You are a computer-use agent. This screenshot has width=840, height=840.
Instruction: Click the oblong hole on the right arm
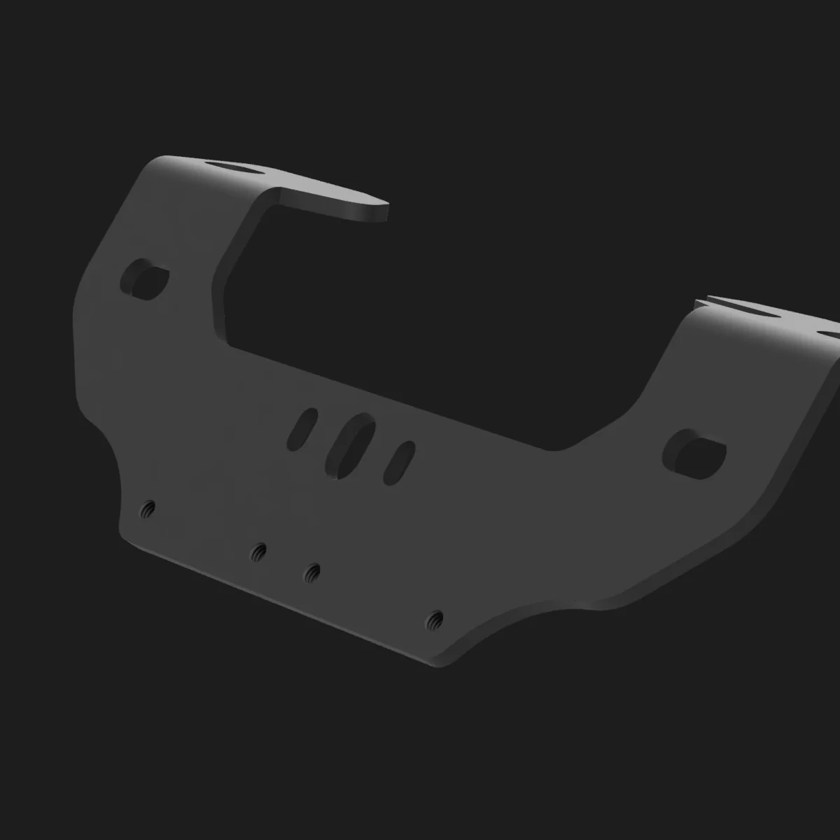pyautogui.click(x=694, y=452)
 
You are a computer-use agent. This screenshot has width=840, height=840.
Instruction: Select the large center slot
pyautogui.click(x=350, y=446)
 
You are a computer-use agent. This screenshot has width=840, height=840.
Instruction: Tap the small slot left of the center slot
pyautogui.click(x=302, y=428)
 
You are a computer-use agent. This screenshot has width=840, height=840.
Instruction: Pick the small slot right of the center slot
pyautogui.click(x=400, y=463)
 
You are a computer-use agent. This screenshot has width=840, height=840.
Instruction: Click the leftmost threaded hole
pyautogui.click(x=148, y=508)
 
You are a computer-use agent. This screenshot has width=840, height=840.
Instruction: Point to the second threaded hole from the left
pyautogui.click(x=259, y=552)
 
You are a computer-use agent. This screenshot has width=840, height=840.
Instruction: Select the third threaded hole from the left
pyautogui.click(x=312, y=573)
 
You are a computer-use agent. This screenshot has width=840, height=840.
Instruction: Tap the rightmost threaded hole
pyautogui.click(x=435, y=619)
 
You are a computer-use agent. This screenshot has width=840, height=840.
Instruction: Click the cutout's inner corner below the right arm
pyautogui.click(x=560, y=449)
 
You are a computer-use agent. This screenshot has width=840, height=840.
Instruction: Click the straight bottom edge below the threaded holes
pyautogui.click(x=280, y=602)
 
